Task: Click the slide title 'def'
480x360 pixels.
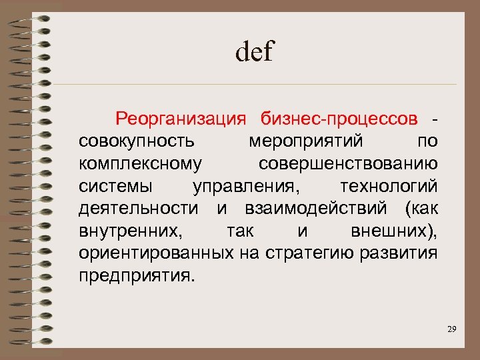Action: [254, 52]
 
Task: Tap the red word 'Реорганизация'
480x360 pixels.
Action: [181, 119]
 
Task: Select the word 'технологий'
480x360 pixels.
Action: [388, 186]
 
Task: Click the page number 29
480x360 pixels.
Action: [453, 329]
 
